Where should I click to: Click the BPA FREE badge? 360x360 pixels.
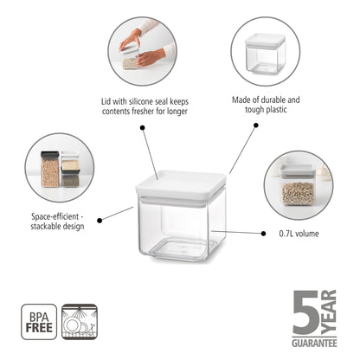[38, 319]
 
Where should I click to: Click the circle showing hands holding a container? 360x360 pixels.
[143, 51]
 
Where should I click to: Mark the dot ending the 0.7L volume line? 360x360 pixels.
[264, 233]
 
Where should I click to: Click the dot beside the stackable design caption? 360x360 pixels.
[100, 220]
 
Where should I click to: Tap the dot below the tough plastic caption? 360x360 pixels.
[255, 126]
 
